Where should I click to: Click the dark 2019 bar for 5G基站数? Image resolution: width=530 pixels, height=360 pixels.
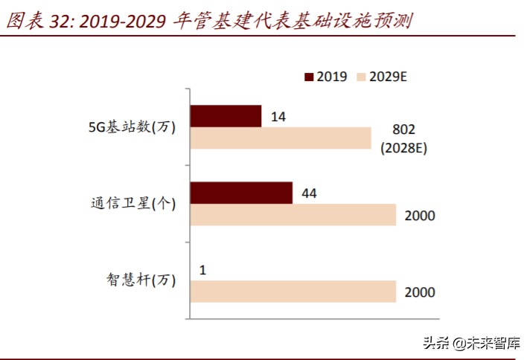[x=226, y=116]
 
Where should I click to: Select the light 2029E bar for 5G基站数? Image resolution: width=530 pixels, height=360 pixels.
[x=281, y=138]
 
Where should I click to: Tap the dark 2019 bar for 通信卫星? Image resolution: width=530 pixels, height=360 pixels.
[x=241, y=193]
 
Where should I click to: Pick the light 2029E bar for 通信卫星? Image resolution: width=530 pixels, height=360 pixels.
[x=293, y=215]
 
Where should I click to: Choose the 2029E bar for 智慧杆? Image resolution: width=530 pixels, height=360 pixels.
[x=293, y=292]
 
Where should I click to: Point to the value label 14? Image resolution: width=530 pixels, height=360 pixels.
[x=279, y=116]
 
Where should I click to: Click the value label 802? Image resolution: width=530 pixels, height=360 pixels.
[x=402, y=131]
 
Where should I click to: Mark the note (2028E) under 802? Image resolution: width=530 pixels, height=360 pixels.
[x=402, y=147]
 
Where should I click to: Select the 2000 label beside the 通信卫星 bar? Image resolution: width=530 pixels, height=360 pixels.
[x=420, y=216]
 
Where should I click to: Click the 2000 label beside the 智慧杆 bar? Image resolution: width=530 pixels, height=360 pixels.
[x=420, y=292]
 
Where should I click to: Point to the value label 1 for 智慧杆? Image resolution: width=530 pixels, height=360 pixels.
[x=202, y=269]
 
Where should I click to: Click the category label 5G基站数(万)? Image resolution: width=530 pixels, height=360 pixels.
[x=132, y=127]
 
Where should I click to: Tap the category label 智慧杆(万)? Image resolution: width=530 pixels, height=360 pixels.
[x=140, y=280]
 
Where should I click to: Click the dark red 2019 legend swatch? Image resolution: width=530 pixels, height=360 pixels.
[x=310, y=77]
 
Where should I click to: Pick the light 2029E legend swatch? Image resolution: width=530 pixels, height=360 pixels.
[x=363, y=77]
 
